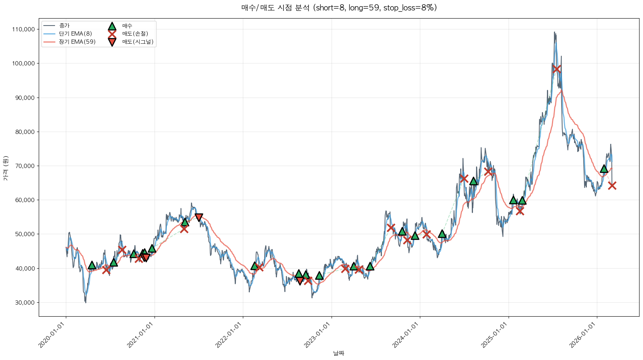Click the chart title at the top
(x=339, y=8)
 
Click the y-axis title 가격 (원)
(x=6, y=168)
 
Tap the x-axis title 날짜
(x=339, y=353)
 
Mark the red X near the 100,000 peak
(x=557, y=69)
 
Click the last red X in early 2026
(x=612, y=185)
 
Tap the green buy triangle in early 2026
(x=604, y=169)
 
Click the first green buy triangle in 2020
(x=92, y=265)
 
